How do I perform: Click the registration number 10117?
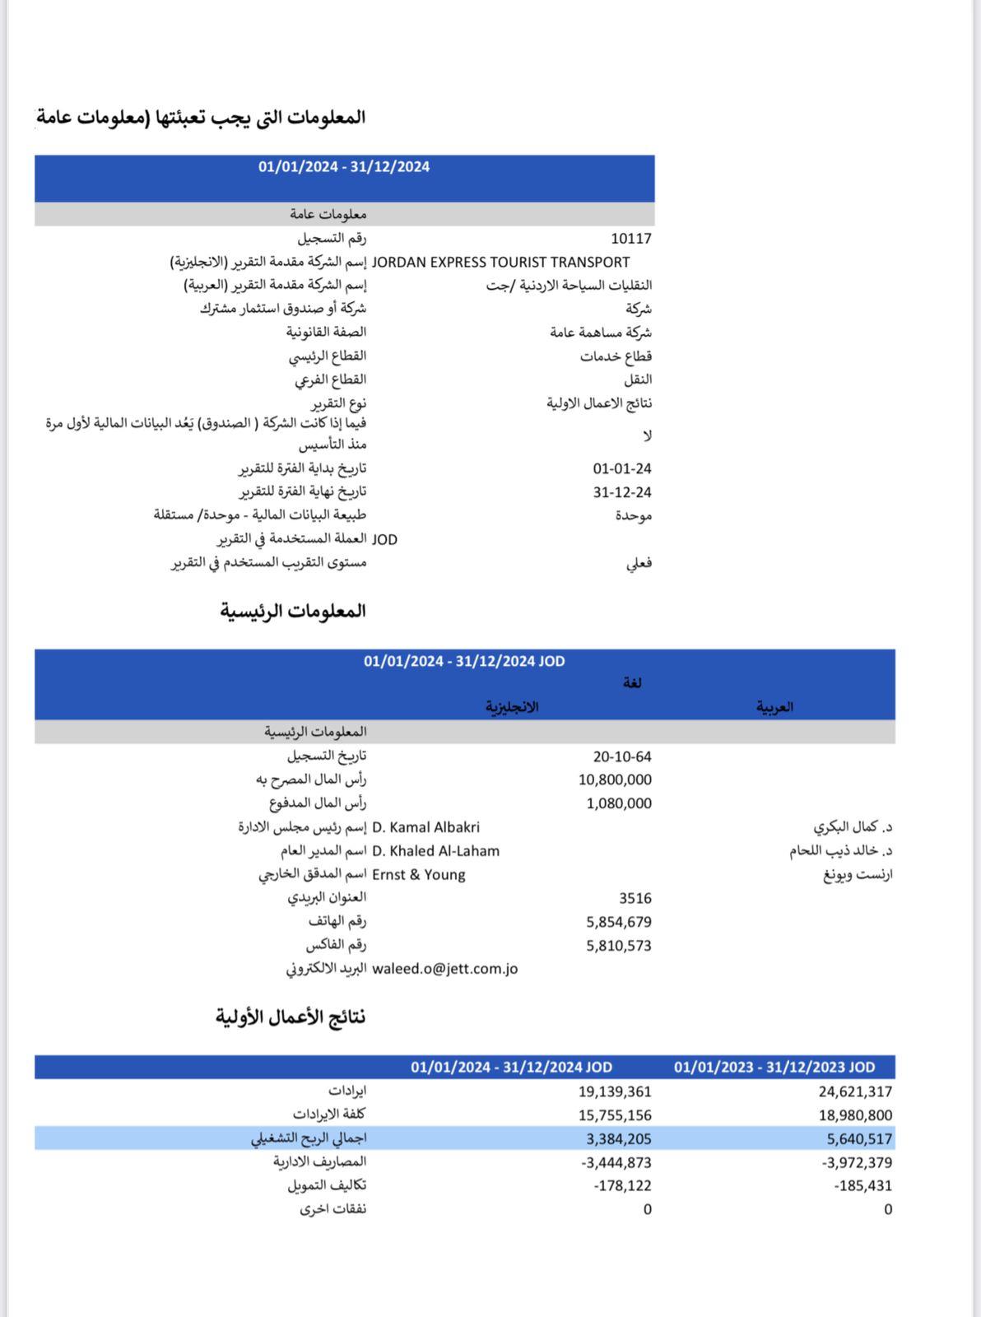630,239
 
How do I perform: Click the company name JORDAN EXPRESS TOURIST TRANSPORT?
500,263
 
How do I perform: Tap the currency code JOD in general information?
384,540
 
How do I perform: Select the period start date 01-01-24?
621,468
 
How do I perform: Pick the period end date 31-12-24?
621,492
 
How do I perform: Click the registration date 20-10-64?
621,756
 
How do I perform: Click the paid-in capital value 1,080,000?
618,803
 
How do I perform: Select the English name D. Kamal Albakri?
425,827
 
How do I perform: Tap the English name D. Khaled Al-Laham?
435,851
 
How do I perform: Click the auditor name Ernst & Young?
418,875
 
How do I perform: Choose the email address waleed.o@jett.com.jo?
444,969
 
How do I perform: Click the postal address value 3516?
635,898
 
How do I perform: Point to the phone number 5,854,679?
618,922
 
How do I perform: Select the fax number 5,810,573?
618,946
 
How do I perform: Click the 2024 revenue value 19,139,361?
614,1091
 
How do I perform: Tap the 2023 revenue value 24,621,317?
855,1091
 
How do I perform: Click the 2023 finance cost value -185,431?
862,1186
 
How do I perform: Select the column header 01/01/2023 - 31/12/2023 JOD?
774,1068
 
